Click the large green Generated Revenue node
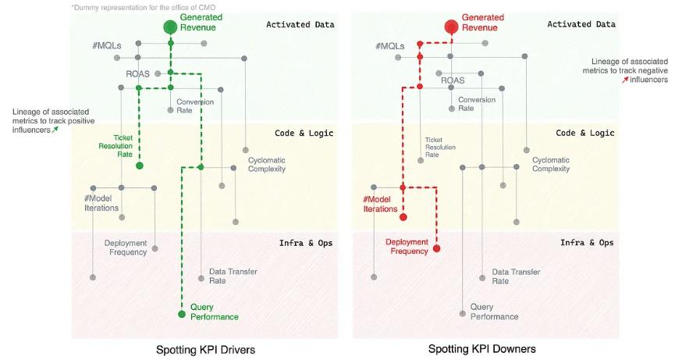click(170, 27)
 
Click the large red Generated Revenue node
click(451, 27)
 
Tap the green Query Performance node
click(182, 314)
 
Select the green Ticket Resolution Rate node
click(140, 166)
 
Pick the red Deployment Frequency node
click(436, 248)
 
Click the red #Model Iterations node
click(403, 217)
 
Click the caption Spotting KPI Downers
click(482, 349)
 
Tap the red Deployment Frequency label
click(407, 247)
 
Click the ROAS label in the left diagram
click(137, 73)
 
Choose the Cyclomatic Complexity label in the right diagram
click(551, 164)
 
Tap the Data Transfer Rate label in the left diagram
click(233, 276)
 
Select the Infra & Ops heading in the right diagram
click(587, 243)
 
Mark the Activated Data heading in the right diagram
click(581, 24)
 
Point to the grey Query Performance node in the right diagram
click(463, 314)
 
